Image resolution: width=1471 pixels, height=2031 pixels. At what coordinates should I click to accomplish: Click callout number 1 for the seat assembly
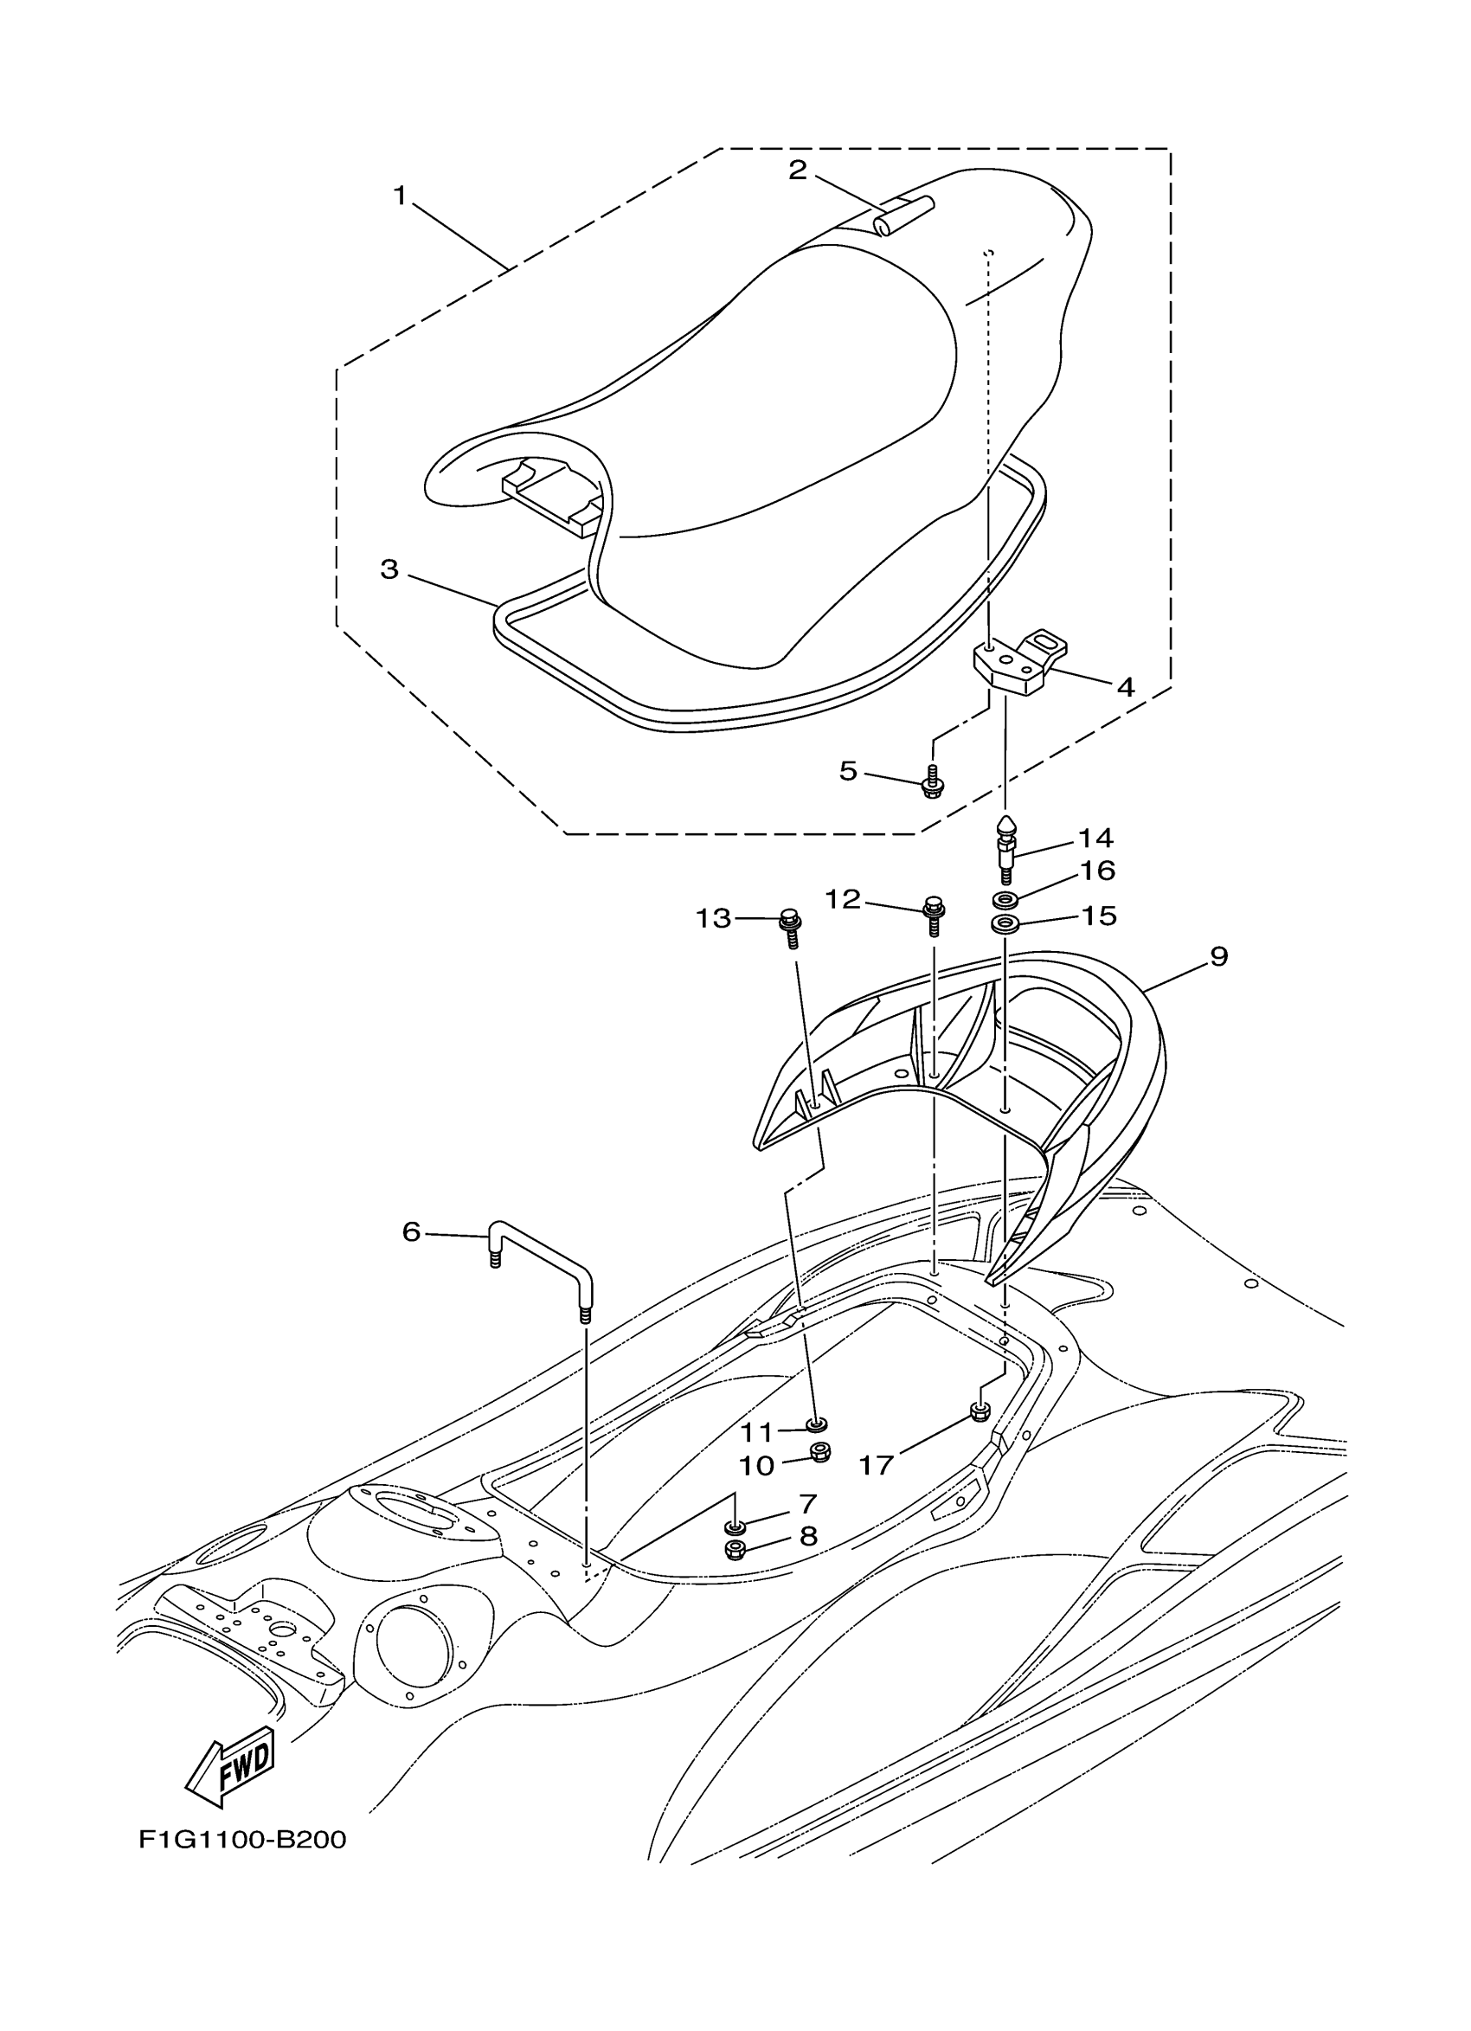(401, 195)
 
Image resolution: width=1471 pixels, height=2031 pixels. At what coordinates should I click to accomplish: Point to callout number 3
(389, 569)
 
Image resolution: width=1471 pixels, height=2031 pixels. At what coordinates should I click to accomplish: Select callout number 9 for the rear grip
(1218, 956)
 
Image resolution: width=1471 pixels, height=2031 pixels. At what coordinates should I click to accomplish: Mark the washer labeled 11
(817, 1424)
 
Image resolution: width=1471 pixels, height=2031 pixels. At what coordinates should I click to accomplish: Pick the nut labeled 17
(980, 1413)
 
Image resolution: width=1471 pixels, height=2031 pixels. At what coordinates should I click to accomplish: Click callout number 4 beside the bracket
(1126, 687)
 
